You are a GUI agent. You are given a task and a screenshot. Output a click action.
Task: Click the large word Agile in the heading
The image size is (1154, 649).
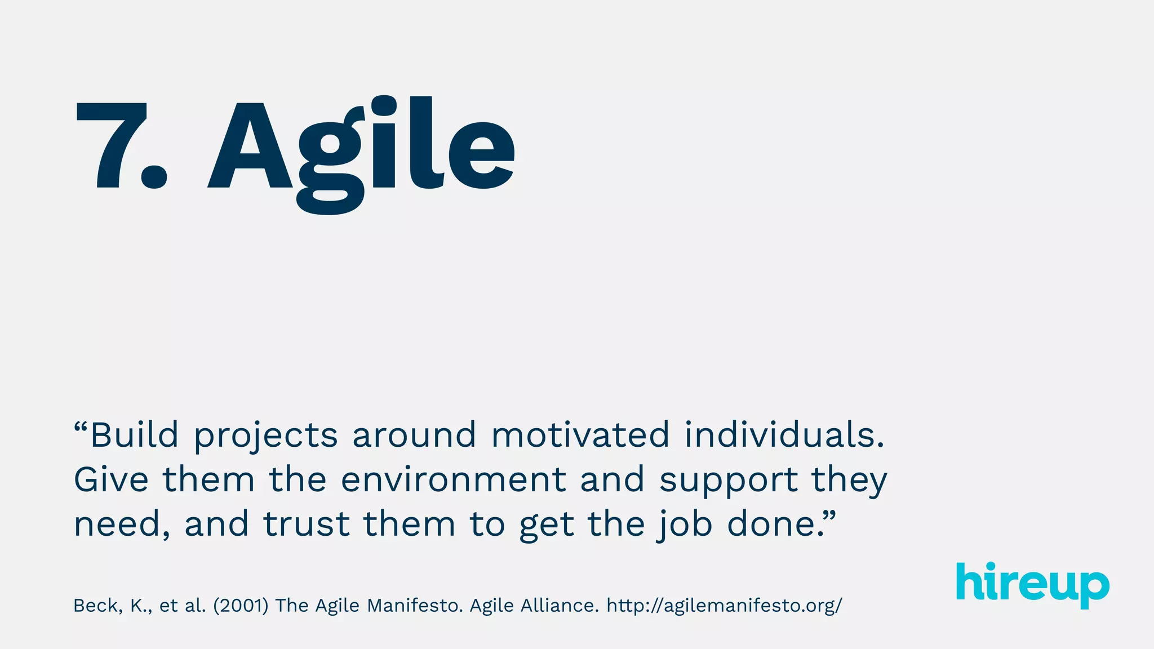(361, 149)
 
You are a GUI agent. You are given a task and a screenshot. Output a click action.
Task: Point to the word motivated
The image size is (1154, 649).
(580, 435)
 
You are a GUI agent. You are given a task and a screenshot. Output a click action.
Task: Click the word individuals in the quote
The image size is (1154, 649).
(783, 435)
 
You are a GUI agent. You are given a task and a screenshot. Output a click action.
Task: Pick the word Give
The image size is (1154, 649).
(111, 479)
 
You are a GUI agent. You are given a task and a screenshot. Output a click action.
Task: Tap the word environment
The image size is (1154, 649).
(454, 479)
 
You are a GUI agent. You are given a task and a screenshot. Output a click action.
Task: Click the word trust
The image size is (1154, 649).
(307, 524)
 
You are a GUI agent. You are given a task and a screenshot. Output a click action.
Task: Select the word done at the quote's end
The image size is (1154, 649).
(771, 524)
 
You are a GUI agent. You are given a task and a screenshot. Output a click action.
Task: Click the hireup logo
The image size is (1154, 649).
(1032, 585)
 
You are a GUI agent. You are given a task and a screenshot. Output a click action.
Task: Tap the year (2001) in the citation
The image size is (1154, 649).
(241, 606)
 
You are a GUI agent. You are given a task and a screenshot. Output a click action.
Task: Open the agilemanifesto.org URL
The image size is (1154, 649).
(724, 606)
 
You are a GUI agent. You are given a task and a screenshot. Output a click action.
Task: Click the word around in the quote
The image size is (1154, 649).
(414, 435)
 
